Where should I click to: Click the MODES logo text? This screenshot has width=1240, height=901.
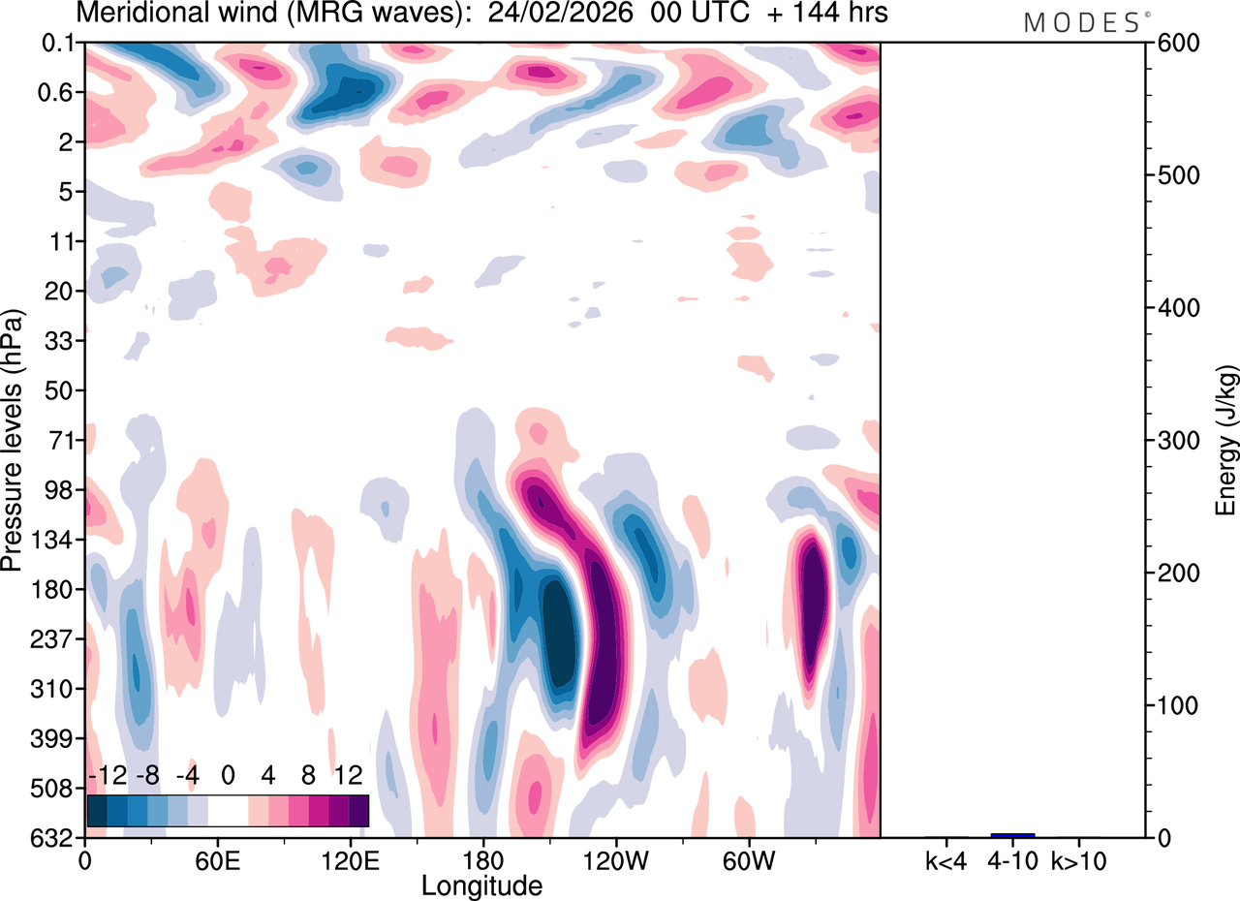point(1081,22)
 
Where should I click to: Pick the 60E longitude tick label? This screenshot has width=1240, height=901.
point(217,858)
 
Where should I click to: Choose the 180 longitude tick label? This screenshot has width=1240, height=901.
point(482,858)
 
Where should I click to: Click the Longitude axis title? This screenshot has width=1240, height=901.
point(481,884)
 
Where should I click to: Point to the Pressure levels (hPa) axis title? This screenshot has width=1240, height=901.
point(13,440)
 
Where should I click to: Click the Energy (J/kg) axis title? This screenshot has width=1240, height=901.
point(1226,440)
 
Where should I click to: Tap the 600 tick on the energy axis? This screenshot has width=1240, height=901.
point(1174,44)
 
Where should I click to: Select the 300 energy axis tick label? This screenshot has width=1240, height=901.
point(1174,441)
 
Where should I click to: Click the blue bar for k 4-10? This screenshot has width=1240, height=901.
point(1012,834)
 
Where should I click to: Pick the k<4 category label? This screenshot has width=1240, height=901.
point(946,858)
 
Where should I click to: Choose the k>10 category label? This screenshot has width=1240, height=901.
point(1078,858)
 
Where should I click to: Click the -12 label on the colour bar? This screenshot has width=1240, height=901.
point(108,776)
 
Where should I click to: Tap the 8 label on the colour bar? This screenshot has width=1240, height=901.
point(308,776)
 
